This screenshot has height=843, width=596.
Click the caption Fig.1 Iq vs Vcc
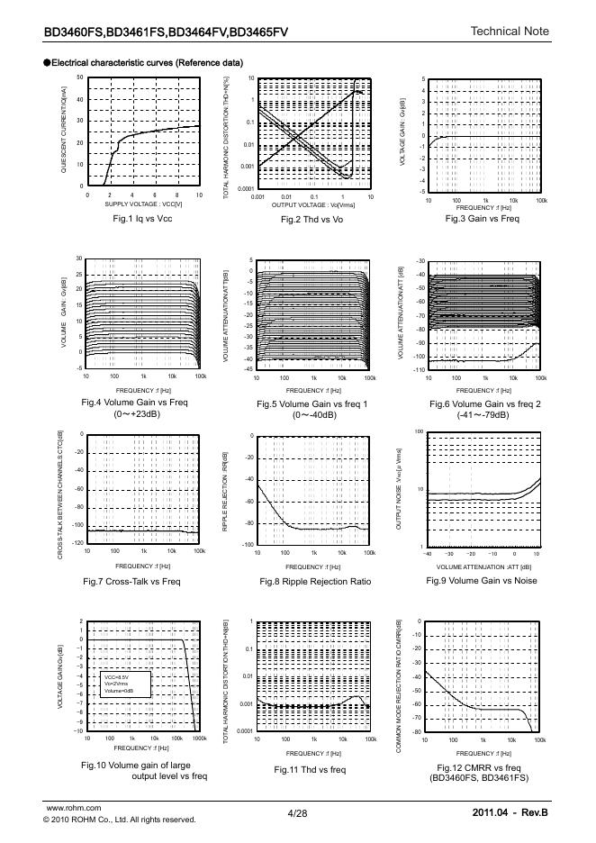coord(141,219)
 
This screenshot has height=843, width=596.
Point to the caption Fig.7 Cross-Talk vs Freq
coord(131,582)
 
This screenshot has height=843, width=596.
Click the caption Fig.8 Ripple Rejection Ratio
coord(313,582)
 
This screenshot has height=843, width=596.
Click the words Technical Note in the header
coord(510,32)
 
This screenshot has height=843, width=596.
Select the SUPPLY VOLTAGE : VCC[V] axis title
coord(142,204)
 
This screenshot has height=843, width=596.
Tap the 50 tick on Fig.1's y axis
coord(79,77)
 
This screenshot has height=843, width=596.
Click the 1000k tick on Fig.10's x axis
coord(199,739)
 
